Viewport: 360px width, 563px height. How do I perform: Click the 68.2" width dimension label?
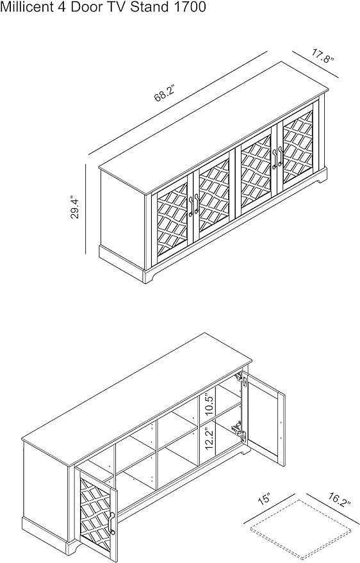coord(165,94)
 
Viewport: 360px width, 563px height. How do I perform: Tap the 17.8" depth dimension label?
coord(322,57)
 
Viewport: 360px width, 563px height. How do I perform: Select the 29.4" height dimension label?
coord(75,207)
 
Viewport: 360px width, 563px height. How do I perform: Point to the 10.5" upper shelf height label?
coord(209,404)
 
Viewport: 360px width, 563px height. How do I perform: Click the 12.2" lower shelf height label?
coord(209,437)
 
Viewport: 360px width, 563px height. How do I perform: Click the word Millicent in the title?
coord(26,7)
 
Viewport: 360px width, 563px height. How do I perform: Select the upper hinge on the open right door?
coord(240,379)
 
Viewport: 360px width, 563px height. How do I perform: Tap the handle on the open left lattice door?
coord(112,523)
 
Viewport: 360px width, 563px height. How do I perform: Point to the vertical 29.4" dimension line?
coord(86,208)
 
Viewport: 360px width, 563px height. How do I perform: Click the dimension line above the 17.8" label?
coord(316,64)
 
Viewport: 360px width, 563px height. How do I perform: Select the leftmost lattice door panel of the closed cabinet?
coord(172,220)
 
